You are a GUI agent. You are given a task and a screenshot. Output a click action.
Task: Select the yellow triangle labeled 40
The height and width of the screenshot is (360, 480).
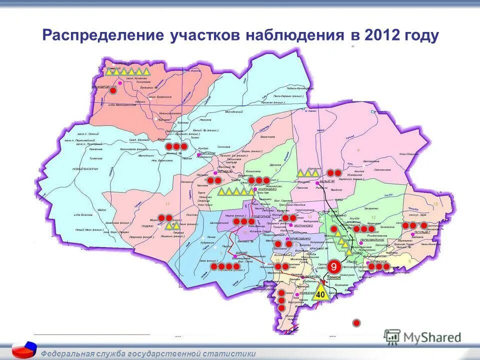[320, 293]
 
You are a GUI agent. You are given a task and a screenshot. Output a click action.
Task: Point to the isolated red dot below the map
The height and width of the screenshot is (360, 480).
[356, 322]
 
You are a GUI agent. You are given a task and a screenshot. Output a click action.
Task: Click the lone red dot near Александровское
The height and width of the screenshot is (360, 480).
[113, 91]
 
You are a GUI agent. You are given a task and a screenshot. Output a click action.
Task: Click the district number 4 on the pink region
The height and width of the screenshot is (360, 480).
[358, 150]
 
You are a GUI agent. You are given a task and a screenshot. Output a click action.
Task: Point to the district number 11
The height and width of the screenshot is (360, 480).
[167, 204]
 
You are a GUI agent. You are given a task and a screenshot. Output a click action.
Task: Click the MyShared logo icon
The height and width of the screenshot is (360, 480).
[393, 336]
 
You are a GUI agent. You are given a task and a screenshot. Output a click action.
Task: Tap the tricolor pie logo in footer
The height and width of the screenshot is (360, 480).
[23, 349]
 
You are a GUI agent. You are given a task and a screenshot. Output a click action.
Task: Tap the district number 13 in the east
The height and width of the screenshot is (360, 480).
[435, 204]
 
